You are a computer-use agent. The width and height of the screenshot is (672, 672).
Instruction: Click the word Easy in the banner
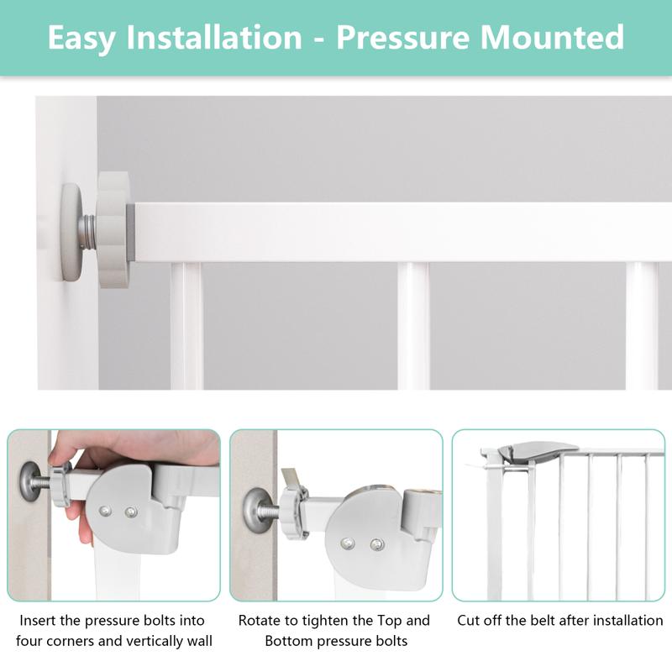tap(87, 38)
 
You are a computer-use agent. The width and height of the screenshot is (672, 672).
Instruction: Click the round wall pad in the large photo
tap(71, 230)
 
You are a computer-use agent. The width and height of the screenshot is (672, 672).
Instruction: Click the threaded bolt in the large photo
tap(88, 231)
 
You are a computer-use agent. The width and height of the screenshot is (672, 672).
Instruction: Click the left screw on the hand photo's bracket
tap(105, 510)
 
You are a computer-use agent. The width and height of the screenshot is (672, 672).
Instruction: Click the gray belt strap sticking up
tap(288, 478)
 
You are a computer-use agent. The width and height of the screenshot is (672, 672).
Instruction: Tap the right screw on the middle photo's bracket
tap(375, 544)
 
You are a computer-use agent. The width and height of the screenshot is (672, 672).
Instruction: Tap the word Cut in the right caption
tap(470, 621)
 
